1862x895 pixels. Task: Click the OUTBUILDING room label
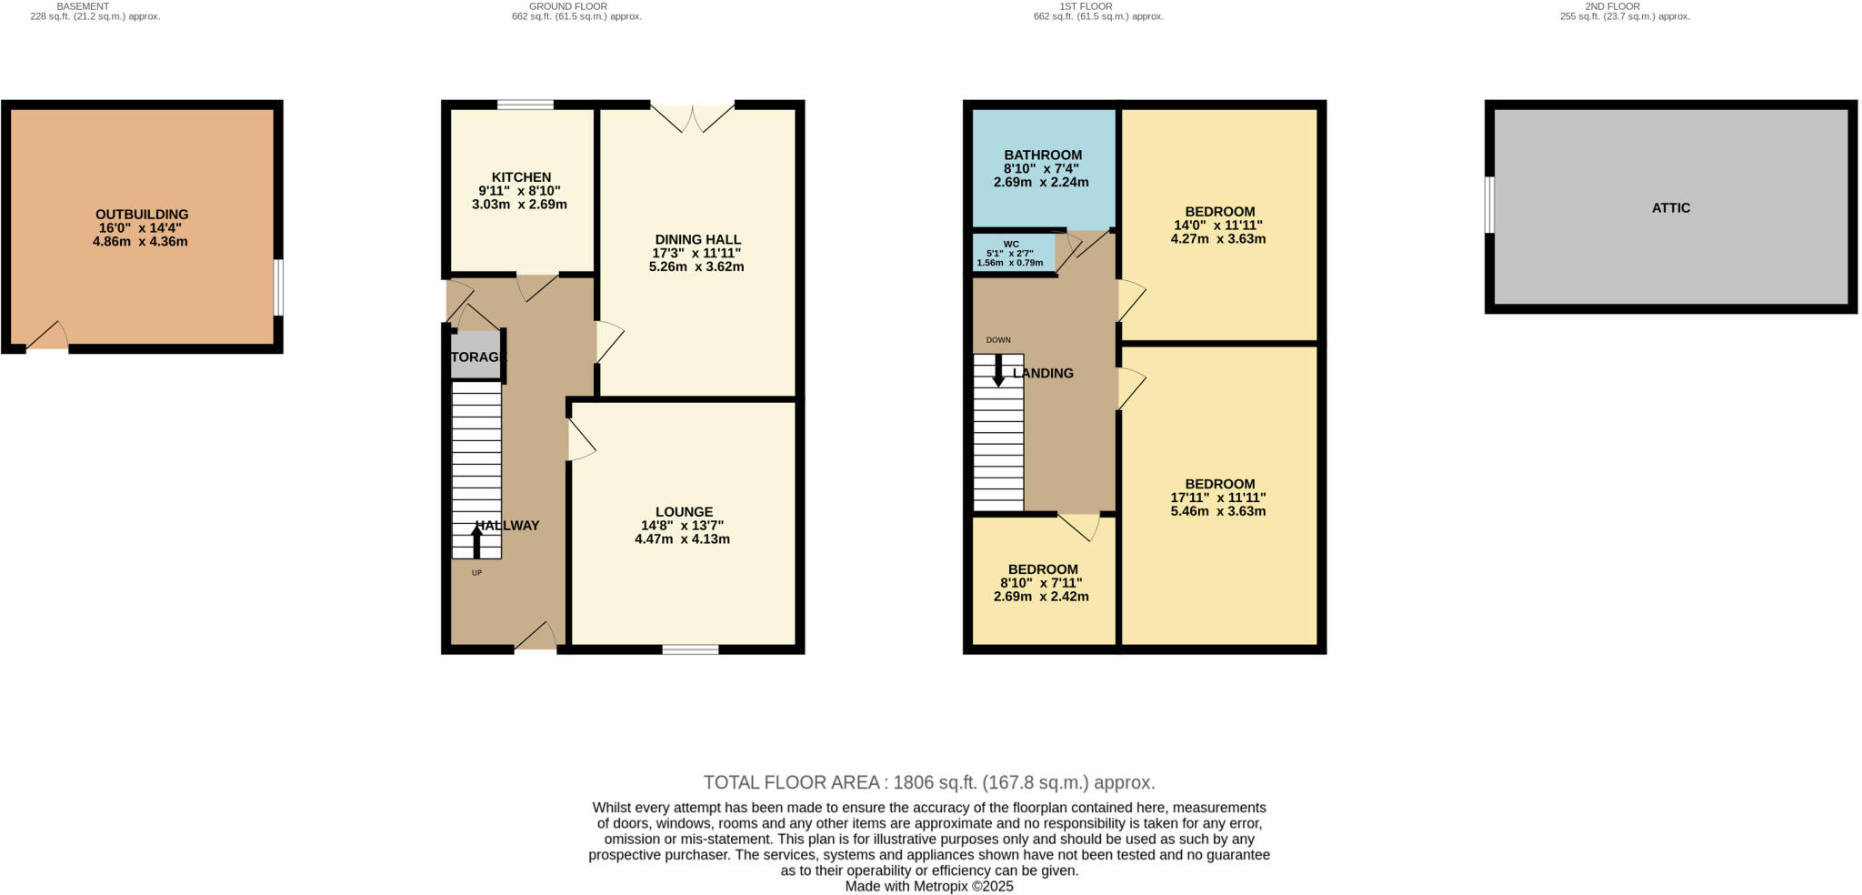point(142,215)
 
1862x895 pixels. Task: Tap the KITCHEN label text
point(521,177)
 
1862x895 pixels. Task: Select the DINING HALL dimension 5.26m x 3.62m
point(696,266)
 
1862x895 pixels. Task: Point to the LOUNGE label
point(684,512)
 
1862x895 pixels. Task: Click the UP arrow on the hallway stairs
point(476,542)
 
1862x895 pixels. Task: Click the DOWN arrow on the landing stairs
point(998,370)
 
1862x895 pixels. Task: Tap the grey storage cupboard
point(476,357)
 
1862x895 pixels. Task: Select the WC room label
point(1011,245)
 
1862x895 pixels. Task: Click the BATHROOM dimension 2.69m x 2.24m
point(1041,182)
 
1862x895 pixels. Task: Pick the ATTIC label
point(1671,207)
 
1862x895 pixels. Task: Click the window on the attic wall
point(1489,205)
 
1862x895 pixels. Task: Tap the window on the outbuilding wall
point(279,287)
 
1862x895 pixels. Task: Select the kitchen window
point(525,105)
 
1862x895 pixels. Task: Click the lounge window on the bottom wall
point(690,649)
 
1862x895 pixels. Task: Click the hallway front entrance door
point(536,639)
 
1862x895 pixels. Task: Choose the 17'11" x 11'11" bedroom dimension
point(1218,498)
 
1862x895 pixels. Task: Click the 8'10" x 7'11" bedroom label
point(1041,569)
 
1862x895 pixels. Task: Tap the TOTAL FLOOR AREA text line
point(929,782)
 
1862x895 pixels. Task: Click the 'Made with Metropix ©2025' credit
point(929,886)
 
